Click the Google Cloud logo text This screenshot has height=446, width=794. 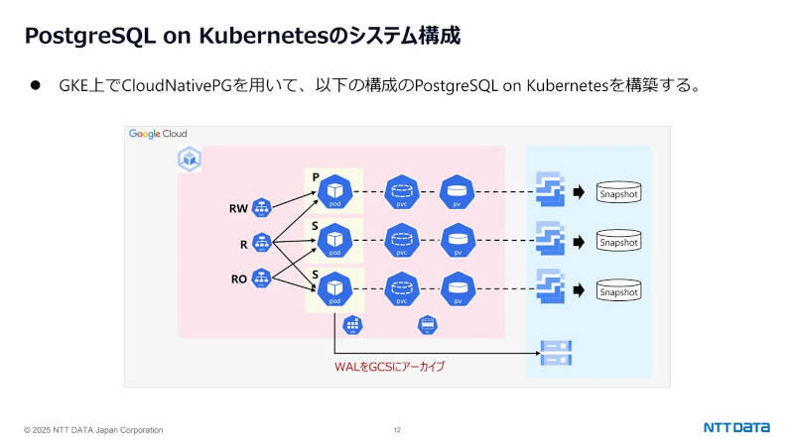tap(158, 134)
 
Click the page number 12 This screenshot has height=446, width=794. tap(397, 430)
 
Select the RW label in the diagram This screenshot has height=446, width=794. tap(238, 209)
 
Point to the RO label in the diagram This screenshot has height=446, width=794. tap(238, 279)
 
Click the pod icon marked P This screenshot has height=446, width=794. tap(335, 189)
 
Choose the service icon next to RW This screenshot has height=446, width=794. tap(262, 208)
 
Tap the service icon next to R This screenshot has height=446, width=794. tap(262, 243)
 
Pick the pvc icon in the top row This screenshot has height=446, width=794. tap(401, 189)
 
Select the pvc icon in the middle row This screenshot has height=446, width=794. tap(401, 239)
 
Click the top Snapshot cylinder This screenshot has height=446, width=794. tap(618, 192)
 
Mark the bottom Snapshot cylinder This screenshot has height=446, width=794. tap(618, 291)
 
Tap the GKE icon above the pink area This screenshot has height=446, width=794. tap(189, 159)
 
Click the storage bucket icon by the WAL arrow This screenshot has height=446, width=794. tap(552, 350)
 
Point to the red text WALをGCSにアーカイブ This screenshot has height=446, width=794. tap(389, 367)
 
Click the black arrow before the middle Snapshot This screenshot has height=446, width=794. tap(579, 241)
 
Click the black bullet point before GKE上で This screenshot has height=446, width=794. tap(35, 85)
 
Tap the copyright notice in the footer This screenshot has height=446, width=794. tap(94, 430)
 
